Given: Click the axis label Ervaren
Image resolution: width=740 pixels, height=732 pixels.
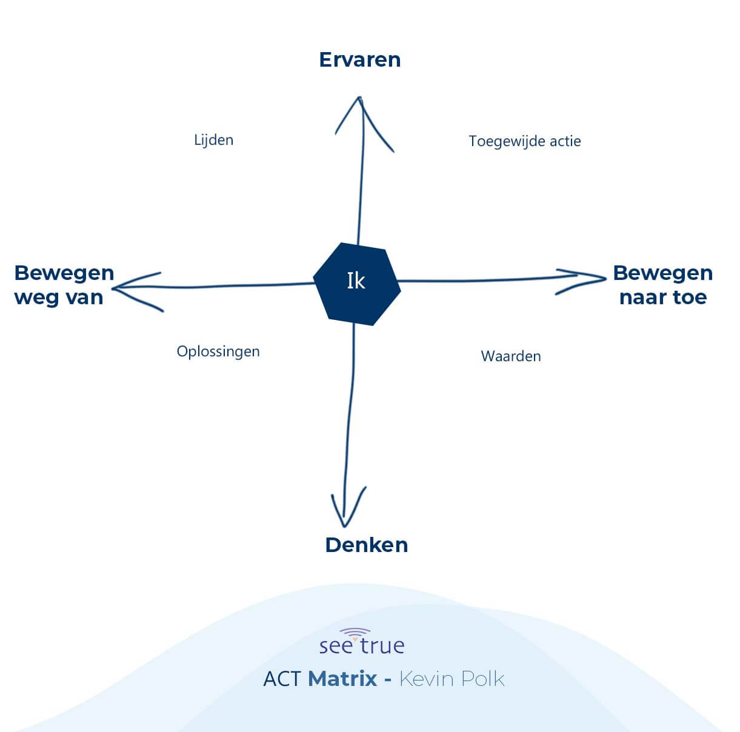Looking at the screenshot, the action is [360, 60].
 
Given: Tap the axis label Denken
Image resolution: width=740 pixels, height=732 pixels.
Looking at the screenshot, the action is [366, 545].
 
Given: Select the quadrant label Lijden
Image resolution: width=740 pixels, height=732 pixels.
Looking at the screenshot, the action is [213, 140].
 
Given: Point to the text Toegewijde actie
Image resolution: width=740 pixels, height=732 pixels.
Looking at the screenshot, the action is [525, 141].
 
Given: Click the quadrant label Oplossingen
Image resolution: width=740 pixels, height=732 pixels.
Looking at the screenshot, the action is [218, 352].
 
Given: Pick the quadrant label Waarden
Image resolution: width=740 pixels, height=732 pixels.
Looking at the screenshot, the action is [511, 356].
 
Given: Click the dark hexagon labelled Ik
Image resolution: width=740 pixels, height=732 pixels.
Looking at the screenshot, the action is [357, 284].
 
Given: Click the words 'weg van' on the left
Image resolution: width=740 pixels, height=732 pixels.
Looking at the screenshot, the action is [59, 298].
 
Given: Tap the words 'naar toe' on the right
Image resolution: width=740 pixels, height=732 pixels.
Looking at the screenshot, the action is [663, 298].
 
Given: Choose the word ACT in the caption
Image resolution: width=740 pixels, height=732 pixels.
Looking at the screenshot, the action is [281, 679].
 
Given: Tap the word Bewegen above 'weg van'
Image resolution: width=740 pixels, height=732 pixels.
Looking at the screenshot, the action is [64, 274].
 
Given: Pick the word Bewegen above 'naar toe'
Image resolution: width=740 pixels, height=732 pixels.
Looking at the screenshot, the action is [663, 274].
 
